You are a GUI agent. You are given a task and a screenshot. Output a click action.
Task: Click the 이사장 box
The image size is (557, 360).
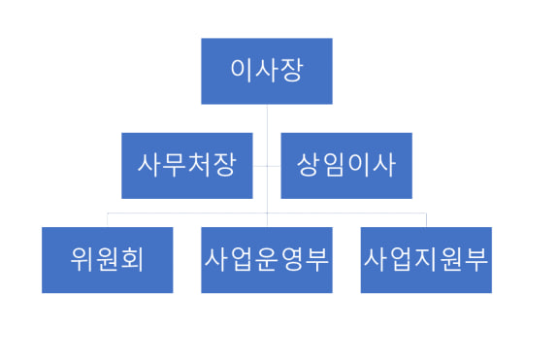pos(267,71)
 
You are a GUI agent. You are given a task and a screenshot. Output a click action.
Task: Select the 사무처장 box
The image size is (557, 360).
pos(186,165)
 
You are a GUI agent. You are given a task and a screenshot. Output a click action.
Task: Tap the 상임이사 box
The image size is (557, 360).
pos(346,165)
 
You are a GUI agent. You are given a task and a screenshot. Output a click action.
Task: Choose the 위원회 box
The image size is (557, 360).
pos(108,260)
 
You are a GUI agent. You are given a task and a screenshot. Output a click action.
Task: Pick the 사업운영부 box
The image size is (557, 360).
pos(267,260)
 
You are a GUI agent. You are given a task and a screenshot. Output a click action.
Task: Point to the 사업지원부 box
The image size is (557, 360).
pos(426,260)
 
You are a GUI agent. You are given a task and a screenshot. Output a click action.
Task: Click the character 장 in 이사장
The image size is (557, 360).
pos(291,71)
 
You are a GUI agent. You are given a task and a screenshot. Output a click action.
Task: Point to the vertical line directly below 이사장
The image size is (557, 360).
pos(267,117)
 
